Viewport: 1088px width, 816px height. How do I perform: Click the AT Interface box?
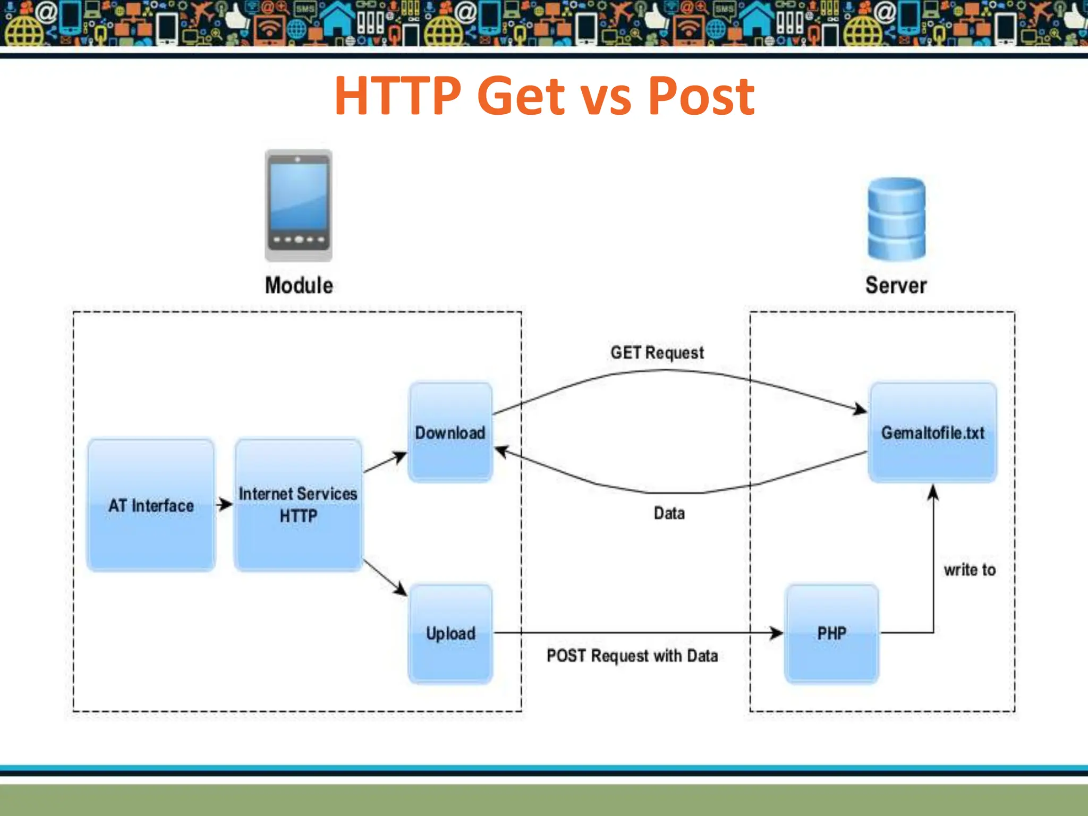151,505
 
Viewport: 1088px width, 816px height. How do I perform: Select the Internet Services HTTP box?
298,505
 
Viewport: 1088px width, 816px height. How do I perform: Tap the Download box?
450,432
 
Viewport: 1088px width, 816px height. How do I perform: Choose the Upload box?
450,633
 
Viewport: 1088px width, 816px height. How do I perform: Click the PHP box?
831,633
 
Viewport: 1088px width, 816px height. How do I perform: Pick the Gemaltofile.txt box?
932,432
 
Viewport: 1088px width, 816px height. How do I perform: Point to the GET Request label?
657,353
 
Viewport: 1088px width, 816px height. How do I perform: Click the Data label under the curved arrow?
669,513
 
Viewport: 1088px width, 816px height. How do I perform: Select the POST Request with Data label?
632,656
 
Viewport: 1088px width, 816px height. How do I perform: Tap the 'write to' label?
970,570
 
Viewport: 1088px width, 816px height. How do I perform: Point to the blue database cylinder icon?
896,219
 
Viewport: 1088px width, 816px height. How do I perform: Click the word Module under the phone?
299,285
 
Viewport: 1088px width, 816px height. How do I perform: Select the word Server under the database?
896,285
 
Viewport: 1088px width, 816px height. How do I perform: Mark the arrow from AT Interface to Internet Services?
225,504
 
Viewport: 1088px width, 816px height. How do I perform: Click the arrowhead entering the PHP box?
777,633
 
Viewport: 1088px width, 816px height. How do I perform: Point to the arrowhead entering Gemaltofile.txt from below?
933,493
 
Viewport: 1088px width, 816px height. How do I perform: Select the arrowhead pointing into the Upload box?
400,589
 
